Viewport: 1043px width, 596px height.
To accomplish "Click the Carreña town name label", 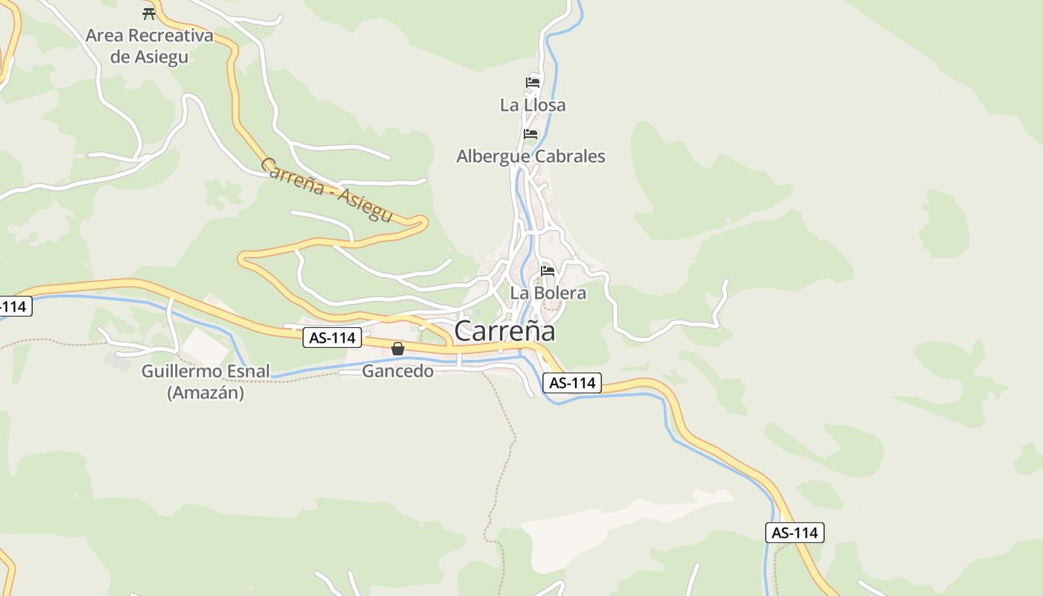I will [x=504, y=331].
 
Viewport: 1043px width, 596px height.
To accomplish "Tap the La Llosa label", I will [x=533, y=105].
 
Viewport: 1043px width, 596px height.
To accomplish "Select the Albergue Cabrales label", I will [x=530, y=156].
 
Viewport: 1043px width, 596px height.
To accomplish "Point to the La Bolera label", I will [x=548, y=293].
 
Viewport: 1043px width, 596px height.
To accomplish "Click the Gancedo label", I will [x=397, y=370].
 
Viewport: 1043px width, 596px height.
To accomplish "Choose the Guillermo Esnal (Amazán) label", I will [x=206, y=381].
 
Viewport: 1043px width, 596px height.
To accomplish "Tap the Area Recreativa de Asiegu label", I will [x=149, y=45].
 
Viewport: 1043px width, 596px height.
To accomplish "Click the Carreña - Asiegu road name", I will [x=326, y=190].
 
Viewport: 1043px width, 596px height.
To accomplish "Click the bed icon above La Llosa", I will [x=532, y=82].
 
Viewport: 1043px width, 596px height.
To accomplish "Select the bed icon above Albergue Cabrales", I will [x=530, y=134].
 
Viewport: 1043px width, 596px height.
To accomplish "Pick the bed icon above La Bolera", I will [x=548, y=270].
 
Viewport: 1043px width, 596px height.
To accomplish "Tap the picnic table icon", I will [x=148, y=13].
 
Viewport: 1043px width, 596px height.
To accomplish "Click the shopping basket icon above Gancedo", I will [x=398, y=349].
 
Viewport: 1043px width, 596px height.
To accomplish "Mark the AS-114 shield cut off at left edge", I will [x=14, y=305].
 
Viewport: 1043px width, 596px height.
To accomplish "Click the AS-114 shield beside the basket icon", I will [x=333, y=337].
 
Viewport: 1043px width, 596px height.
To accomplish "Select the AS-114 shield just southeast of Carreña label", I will [x=571, y=383].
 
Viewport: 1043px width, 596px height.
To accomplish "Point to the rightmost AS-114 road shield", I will [x=794, y=533].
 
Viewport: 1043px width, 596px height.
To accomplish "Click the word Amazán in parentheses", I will [x=206, y=393].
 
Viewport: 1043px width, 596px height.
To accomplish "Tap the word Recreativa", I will [x=171, y=35].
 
